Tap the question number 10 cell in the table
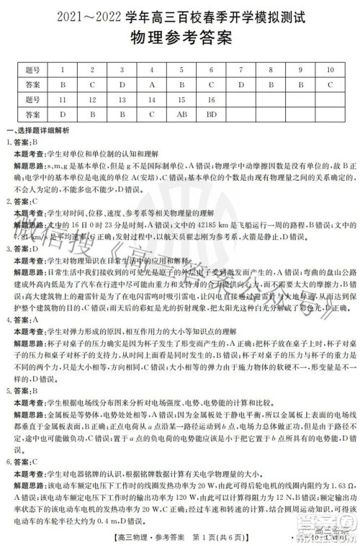(329, 70)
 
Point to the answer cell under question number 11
(63, 114)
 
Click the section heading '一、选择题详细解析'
(37, 130)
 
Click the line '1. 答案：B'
(23, 143)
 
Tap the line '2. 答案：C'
(23, 201)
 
